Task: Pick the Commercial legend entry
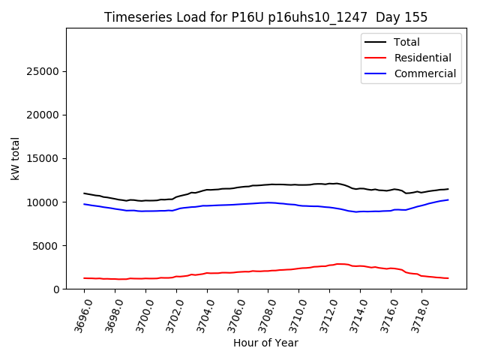[x=425, y=73]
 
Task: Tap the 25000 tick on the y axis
[x=43, y=71]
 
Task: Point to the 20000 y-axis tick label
[x=43, y=115]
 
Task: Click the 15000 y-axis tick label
[x=43, y=158]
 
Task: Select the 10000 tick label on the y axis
[x=43, y=202]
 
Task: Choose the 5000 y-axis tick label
[x=46, y=245]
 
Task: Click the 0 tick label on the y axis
[x=57, y=289]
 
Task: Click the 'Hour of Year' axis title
[x=265, y=343]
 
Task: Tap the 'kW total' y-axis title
[x=15, y=158]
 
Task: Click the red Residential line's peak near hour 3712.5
[x=340, y=264]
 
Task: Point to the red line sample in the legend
[x=376, y=58]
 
